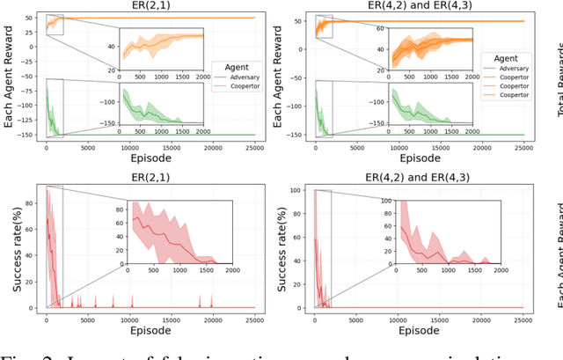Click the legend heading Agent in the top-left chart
[237, 66]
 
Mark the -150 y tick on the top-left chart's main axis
[28, 136]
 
